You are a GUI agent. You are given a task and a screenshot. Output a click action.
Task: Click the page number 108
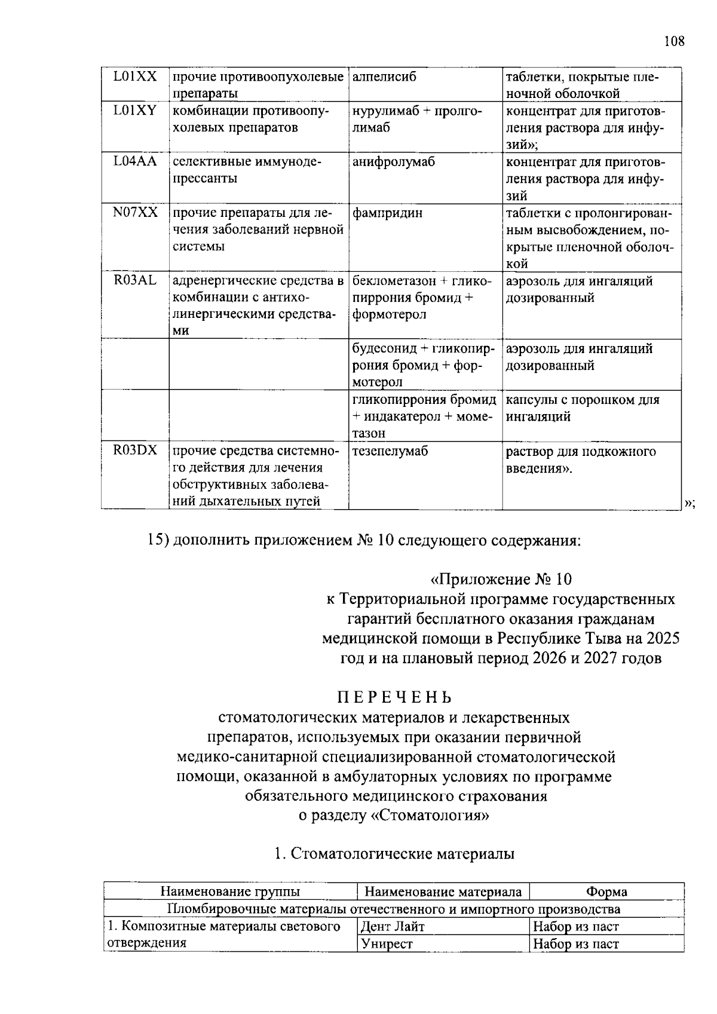[673, 41]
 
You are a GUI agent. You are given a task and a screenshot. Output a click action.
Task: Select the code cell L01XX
[135, 76]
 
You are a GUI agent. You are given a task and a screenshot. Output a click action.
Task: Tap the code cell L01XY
[135, 111]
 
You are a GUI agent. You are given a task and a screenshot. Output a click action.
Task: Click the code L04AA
[135, 162]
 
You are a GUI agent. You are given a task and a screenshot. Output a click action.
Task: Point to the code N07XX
[135, 213]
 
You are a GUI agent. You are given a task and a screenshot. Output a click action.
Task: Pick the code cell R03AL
[135, 281]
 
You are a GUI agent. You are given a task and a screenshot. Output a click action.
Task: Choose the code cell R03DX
[135, 451]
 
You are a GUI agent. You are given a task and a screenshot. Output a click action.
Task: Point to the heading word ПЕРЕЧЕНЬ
[394, 697]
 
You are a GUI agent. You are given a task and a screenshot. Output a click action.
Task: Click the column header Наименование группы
[230, 892]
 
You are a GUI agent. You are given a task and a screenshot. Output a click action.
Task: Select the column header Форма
[606, 892]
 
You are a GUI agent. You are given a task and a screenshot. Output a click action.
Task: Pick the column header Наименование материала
[443, 892]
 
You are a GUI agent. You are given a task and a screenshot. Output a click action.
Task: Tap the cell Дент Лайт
[393, 927]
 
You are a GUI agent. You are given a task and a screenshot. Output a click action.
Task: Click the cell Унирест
[387, 944]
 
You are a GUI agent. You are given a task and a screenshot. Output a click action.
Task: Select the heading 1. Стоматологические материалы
[394, 854]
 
